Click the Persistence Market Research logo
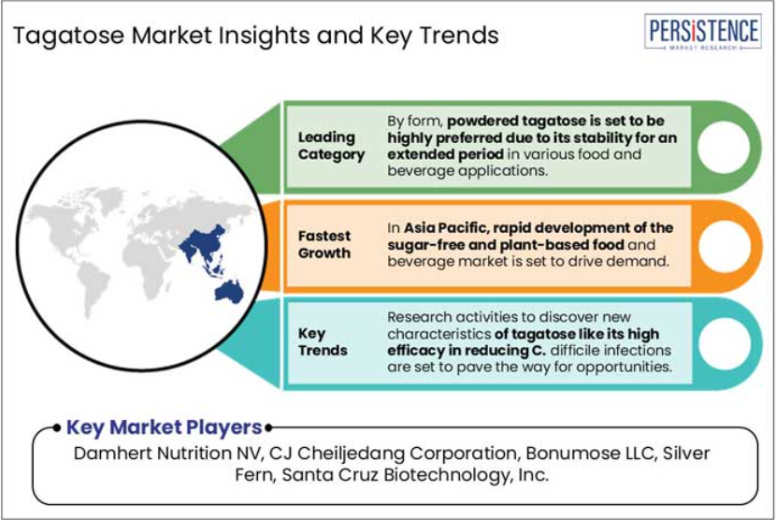point(703,32)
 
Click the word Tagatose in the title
point(69,36)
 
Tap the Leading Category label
point(331,146)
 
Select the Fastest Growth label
point(324,244)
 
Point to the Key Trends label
point(323,341)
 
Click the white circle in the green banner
point(723,147)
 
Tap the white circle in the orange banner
point(724,246)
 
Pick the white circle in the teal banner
point(724,343)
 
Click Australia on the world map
point(230,291)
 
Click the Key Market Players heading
point(164,427)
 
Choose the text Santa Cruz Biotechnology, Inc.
point(415,475)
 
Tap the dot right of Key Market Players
point(268,428)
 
